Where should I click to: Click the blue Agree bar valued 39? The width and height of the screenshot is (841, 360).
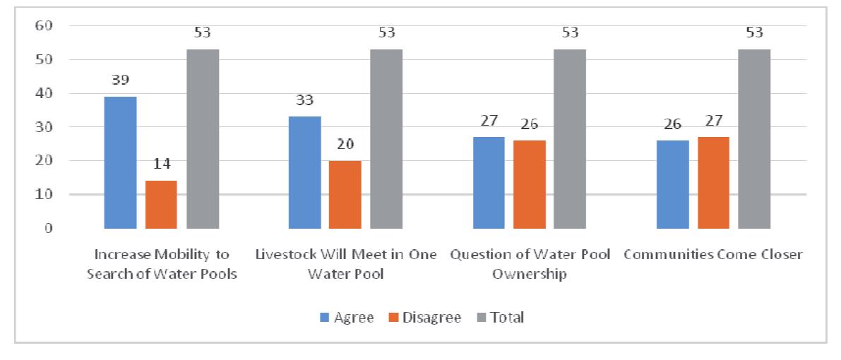pyautogui.click(x=120, y=162)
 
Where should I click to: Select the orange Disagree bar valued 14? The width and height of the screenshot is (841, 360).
pyautogui.click(x=161, y=205)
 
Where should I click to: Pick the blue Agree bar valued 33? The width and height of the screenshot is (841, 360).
pyautogui.click(x=304, y=172)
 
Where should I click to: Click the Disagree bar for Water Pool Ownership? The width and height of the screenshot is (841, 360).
pyautogui.click(x=530, y=184)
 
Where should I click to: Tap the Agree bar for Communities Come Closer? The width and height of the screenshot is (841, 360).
pyautogui.click(x=673, y=184)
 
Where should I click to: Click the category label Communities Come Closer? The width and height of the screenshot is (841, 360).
pyautogui.click(x=713, y=255)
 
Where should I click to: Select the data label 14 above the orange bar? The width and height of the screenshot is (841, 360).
pyautogui.click(x=161, y=167)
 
